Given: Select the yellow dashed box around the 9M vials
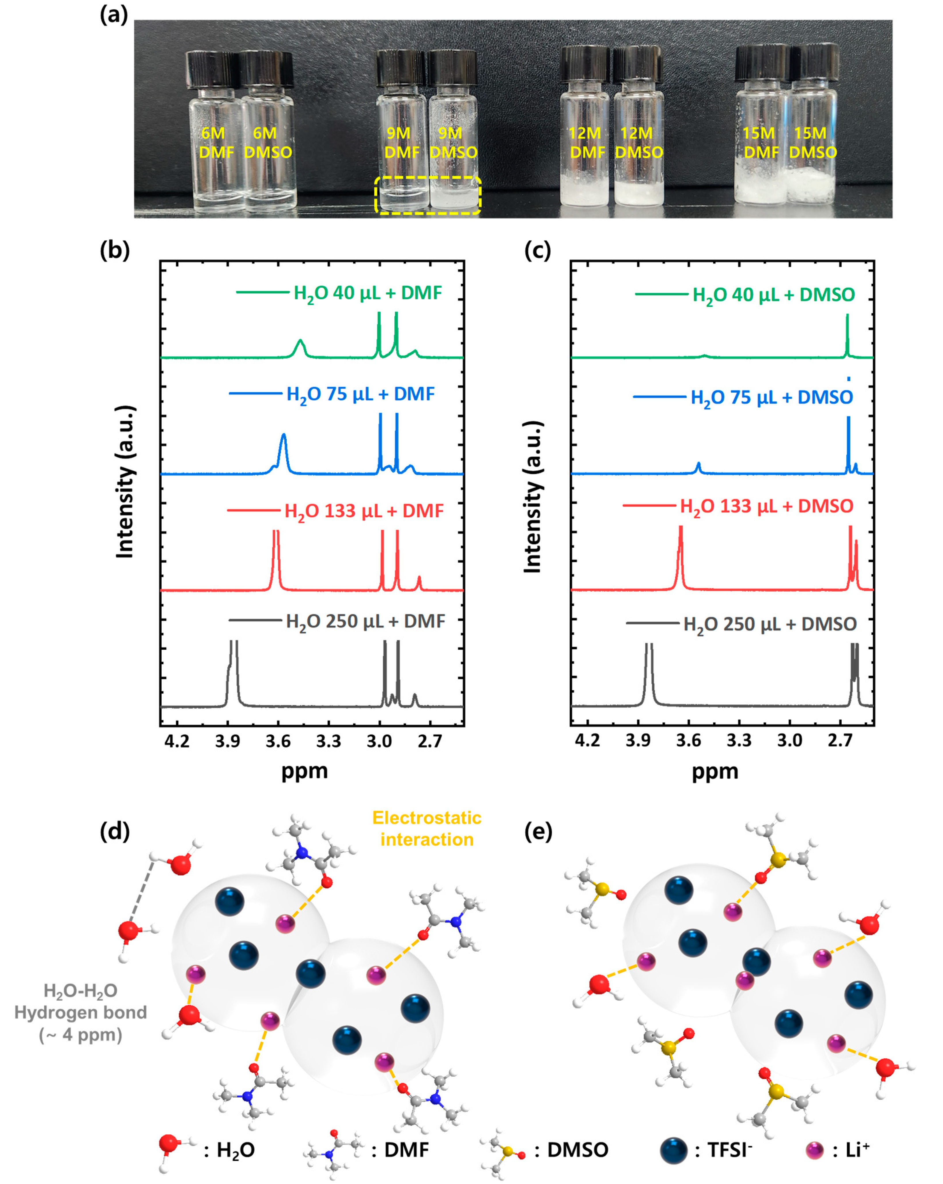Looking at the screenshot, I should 428,178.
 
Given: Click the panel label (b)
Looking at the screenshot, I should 115,250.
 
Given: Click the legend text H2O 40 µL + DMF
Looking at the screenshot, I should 367,293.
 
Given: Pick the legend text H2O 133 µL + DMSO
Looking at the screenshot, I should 766,506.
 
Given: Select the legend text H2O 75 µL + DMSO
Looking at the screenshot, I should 771,397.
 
